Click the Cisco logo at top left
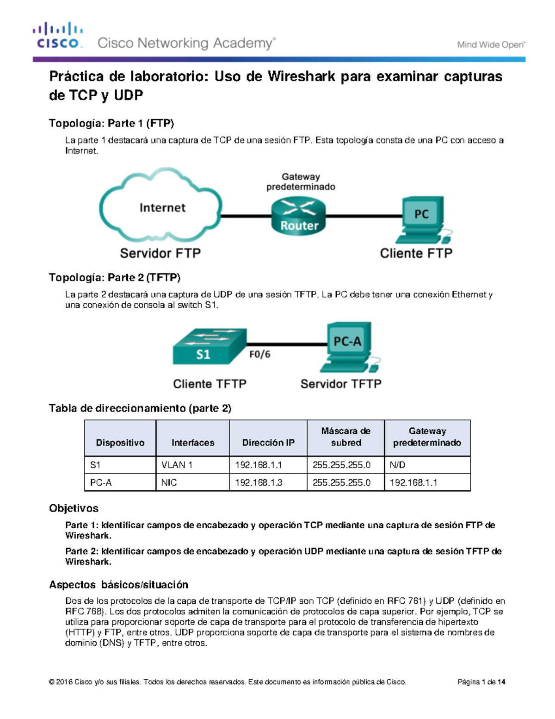pyautogui.click(x=58, y=36)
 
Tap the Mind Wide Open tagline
pyautogui.click(x=491, y=45)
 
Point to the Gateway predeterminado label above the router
pyautogui.click(x=301, y=182)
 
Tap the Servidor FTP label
pyautogui.click(x=160, y=253)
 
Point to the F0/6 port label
pyautogui.click(x=260, y=354)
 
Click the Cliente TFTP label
pyautogui.click(x=210, y=384)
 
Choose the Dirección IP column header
pyautogui.click(x=268, y=443)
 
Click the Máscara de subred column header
pyautogui.click(x=345, y=437)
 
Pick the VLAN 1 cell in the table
pyautogui.click(x=177, y=465)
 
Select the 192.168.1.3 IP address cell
pyautogui.click(x=259, y=482)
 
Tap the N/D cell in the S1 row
pyautogui.click(x=397, y=465)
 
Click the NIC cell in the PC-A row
pyautogui.click(x=169, y=482)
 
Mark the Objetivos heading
pyautogui.click(x=74, y=508)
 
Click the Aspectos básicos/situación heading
pyautogui.click(x=118, y=584)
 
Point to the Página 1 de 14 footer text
pyautogui.click(x=481, y=682)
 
